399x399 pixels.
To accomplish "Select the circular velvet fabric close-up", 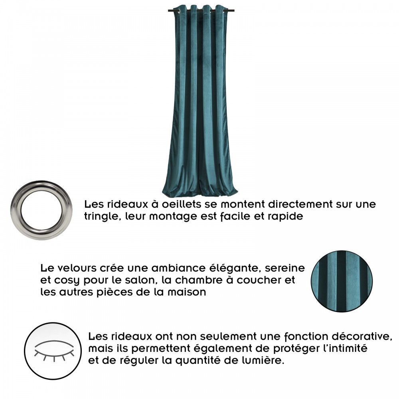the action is click(x=342, y=281).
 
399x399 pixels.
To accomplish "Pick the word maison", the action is click(x=186, y=292).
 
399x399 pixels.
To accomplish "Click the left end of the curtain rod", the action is click(x=168, y=11).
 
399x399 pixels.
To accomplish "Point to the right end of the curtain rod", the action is click(x=233, y=11).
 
